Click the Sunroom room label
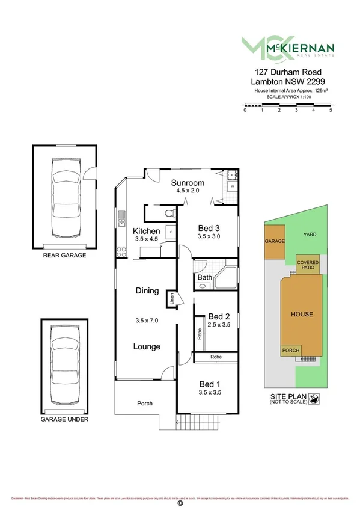coord(188,183)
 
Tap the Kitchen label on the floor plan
coord(146,231)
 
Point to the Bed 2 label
coord(219,316)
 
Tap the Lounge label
coord(147,346)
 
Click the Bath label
coord(204,277)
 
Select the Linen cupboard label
coord(172,298)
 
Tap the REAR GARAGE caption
coord(64,255)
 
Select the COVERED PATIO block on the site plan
coord(308,264)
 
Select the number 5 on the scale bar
coord(331,111)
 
